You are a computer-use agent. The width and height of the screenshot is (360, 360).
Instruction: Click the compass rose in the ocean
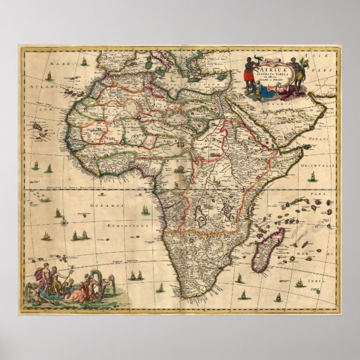point(65,220)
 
